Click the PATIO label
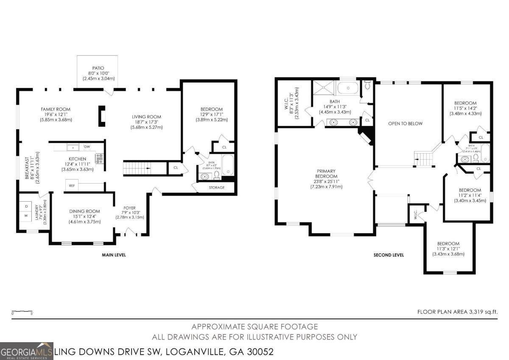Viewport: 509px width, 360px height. [98, 68]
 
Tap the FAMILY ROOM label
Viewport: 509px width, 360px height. [55, 110]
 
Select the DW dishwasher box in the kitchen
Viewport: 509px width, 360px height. [87, 147]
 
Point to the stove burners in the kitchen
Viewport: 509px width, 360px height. [100, 159]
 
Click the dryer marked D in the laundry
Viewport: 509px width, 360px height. [26, 206]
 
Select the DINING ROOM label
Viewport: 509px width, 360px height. [84, 211]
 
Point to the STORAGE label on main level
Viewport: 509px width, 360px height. [216, 187]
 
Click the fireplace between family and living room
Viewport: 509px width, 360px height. [102, 116]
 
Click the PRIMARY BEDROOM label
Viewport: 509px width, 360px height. [327, 174]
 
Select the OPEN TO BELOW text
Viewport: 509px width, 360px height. [406, 124]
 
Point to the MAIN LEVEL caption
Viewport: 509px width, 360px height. [114, 255]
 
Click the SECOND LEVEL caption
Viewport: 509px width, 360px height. [388, 255]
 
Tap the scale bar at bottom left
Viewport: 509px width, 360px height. [22, 312]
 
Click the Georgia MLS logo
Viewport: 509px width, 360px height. [27, 351]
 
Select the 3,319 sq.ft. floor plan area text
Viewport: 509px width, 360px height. [457, 312]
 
